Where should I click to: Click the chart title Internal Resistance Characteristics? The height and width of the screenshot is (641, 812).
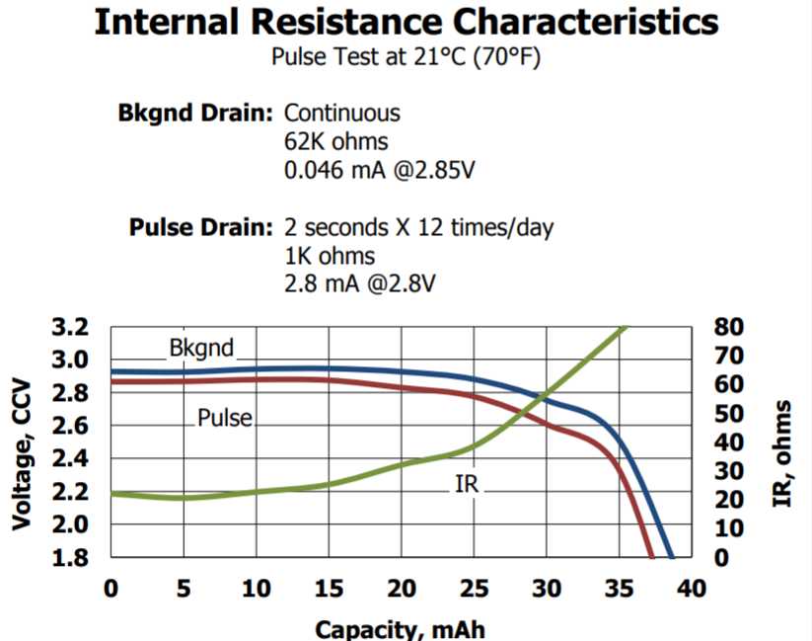[406, 22]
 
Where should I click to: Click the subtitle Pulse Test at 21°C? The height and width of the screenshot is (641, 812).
[406, 57]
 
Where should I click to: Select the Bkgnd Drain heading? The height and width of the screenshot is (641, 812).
[194, 113]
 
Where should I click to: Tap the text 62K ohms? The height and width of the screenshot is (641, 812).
[335, 141]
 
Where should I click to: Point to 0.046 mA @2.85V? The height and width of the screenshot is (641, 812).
[380, 170]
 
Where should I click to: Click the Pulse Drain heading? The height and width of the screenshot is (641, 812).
[200, 228]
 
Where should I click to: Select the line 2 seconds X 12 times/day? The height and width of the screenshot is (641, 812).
[418, 228]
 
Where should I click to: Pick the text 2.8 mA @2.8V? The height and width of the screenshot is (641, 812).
[360, 284]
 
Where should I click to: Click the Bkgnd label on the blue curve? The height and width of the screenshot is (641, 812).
[201, 349]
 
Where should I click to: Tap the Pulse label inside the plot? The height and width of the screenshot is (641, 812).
[225, 418]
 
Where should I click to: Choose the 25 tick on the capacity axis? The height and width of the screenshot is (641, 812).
[474, 590]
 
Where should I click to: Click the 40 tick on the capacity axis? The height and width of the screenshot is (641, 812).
[692, 590]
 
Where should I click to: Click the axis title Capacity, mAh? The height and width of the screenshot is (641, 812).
[400, 629]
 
